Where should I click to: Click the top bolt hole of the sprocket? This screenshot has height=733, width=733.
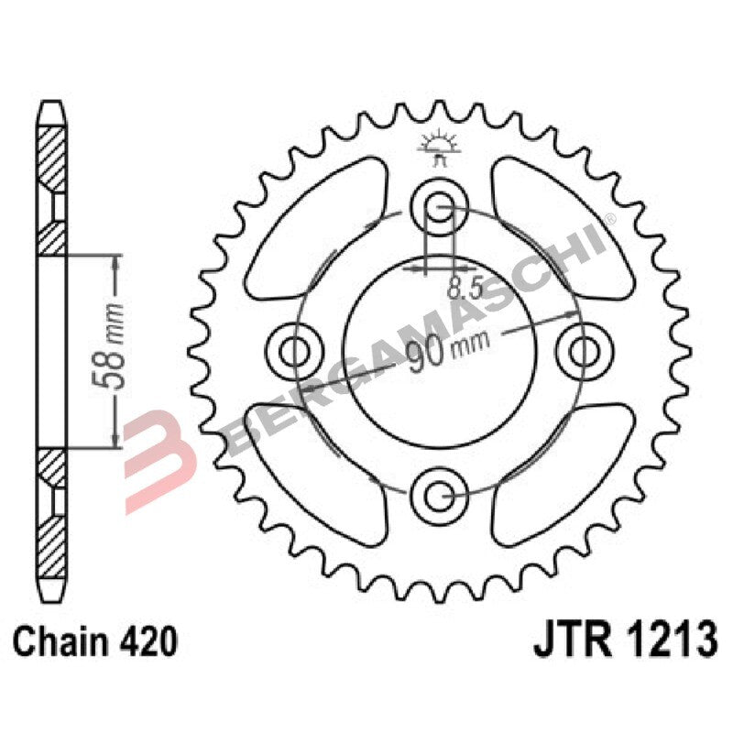439,203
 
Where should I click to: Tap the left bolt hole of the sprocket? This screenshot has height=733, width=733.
295,349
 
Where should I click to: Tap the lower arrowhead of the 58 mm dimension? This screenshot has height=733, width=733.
115,439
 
